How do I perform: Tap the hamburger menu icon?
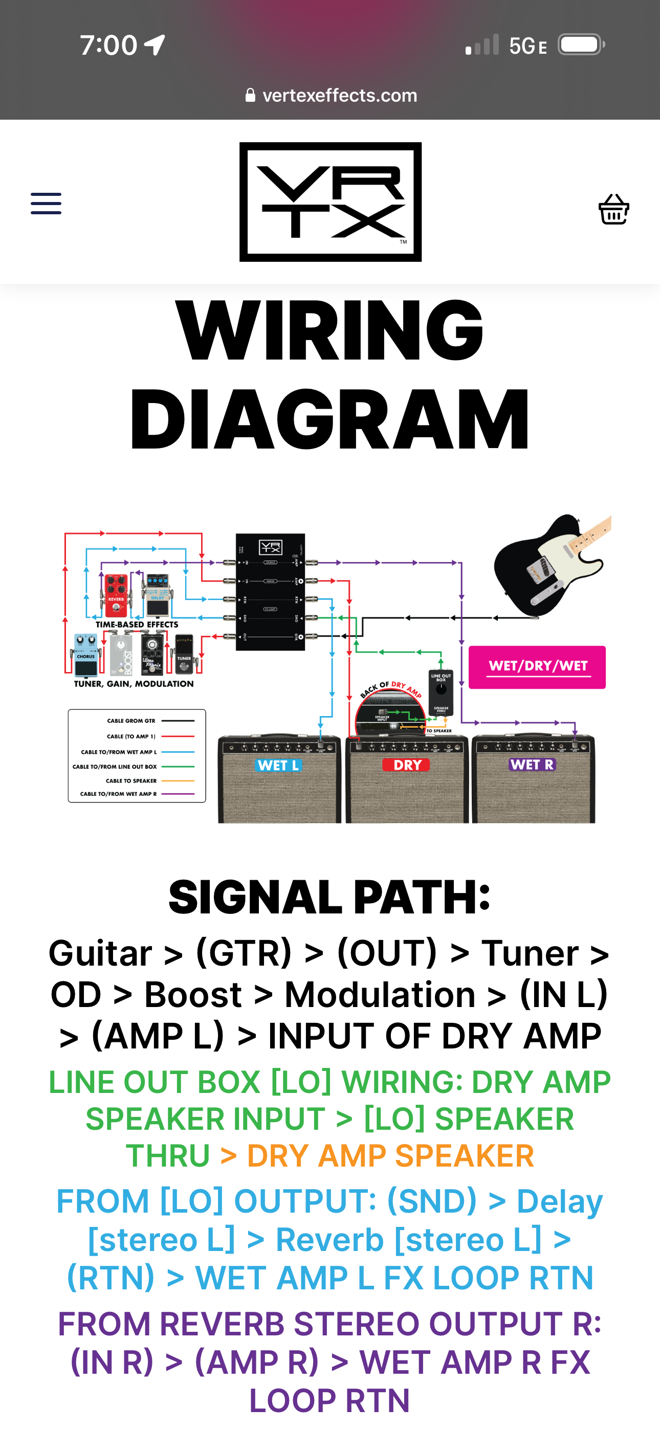click(x=46, y=204)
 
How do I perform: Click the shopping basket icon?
click(x=613, y=209)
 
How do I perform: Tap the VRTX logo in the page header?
click(x=331, y=202)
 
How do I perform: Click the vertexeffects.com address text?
click(x=339, y=96)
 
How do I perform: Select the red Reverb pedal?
click(x=116, y=595)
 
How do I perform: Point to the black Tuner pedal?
click(x=184, y=654)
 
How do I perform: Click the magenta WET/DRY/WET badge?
click(x=537, y=667)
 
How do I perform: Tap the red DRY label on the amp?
click(x=407, y=765)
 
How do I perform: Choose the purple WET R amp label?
click(x=532, y=765)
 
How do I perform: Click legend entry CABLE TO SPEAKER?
click(x=131, y=780)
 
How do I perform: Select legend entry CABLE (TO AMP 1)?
click(x=131, y=736)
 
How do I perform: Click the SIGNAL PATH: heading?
click(x=330, y=897)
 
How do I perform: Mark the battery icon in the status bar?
click(x=581, y=45)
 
